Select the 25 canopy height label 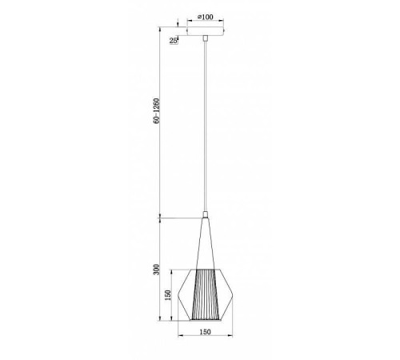pos(174,38)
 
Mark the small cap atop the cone pos(206,215)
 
